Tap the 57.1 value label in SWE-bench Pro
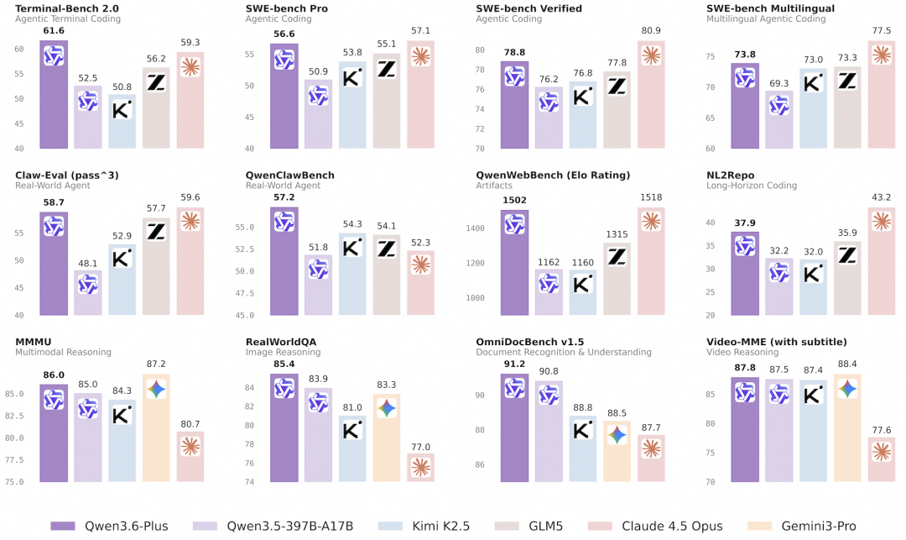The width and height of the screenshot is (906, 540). [x=421, y=31]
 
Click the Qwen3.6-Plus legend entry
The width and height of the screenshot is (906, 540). [x=110, y=526]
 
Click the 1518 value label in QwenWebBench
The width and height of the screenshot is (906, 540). [x=651, y=197]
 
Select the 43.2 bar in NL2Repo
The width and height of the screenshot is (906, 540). [x=881, y=261]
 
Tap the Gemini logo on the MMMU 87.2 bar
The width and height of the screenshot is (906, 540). [x=157, y=389]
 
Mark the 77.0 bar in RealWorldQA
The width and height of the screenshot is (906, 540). [x=421, y=468]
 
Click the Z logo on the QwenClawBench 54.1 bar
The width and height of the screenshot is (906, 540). [x=387, y=249]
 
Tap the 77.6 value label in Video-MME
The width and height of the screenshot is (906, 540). [x=881, y=430]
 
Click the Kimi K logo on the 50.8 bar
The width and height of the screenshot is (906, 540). [x=122, y=110]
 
